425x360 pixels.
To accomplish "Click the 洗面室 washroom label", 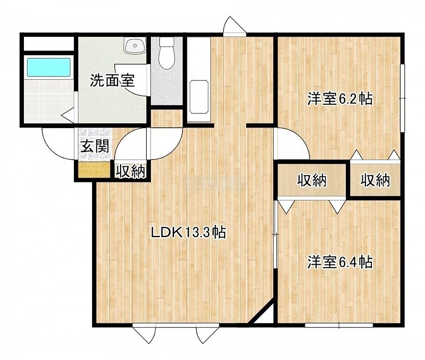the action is [x=112, y=80].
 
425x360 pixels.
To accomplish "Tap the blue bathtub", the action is [x=48, y=67].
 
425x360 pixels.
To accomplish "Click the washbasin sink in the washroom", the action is [x=135, y=46].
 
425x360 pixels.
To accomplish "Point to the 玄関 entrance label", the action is [x=95, y=146].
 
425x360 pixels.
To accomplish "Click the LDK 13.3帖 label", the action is [x=188, y=232].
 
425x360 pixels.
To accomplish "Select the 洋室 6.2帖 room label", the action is [x=340, y=99].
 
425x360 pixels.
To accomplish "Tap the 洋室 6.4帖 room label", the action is [x=340, y=262].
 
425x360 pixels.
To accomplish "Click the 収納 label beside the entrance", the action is [x=131, y=171].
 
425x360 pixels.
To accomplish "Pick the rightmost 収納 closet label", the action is [x=375, y=180].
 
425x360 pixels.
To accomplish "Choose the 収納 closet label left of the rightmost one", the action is [x=312, y=180].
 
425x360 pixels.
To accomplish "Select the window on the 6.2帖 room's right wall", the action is [x=403, y=98].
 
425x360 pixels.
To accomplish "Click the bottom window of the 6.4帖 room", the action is [x=339, y=325].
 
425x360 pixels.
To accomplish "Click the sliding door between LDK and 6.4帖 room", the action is [x=275, y=235].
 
